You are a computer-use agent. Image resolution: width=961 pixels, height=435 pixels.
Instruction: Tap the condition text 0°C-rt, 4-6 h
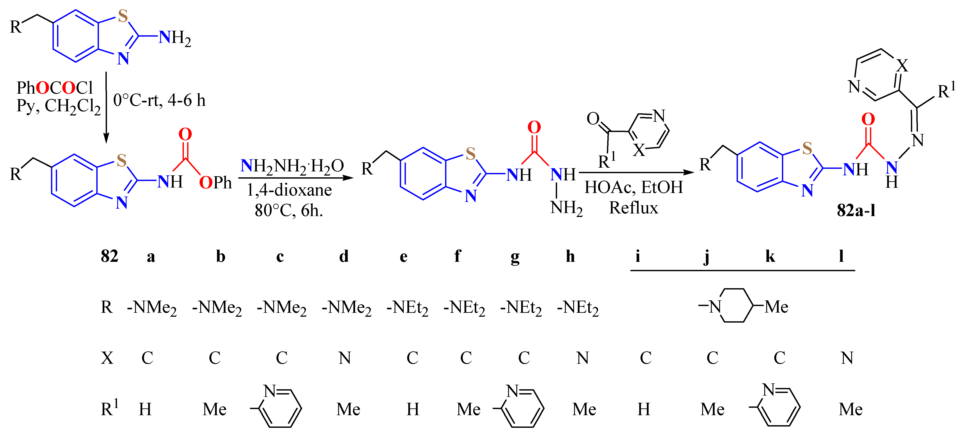click(x=159, y=100)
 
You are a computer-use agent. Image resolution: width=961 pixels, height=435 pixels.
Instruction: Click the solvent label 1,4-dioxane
click(x=289, y=190)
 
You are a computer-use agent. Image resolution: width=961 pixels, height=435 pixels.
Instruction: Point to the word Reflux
click(x=634, y=208)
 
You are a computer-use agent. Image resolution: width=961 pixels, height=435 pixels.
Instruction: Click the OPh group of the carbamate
click(x=215, y=183)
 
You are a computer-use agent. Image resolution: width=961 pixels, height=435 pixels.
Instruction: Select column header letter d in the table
click(x=344, y=256)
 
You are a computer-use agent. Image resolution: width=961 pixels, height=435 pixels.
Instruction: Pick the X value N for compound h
click(x=582, y=358)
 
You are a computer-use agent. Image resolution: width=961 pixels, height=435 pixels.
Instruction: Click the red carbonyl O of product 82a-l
click(x=868, y=119)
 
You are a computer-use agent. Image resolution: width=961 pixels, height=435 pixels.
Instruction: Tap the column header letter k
click(x=770, y=256)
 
